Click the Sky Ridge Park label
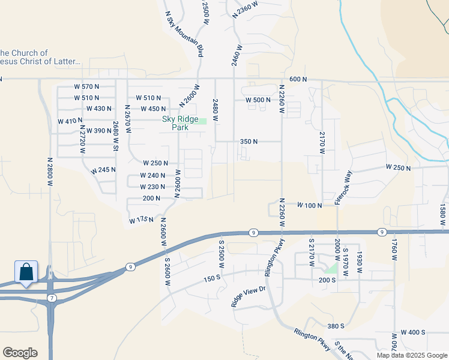180,123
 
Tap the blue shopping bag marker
26,272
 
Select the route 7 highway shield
52,298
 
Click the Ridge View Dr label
248,296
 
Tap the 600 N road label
298,79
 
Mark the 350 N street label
249,142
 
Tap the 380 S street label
336,326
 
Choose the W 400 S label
413,332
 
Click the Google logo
20,353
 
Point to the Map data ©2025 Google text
412,355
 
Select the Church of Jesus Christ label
42,58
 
